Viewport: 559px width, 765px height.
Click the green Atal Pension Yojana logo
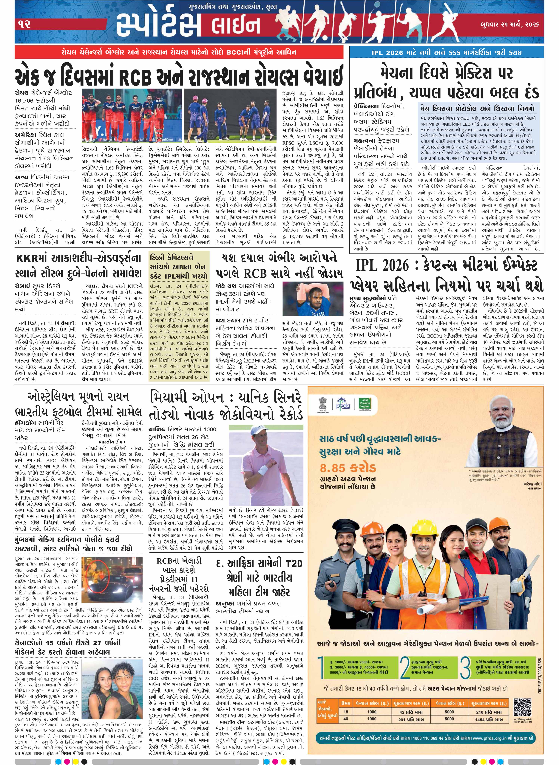pyautogui.click(x=365, y=404)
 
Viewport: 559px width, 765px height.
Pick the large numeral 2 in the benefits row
pyautogui.click(x=404, y=667)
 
